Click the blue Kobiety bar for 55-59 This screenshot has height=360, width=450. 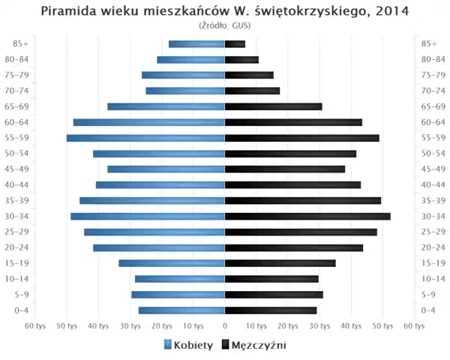145,138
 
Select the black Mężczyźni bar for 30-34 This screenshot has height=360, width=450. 307,216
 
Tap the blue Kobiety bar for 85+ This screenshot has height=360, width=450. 196,44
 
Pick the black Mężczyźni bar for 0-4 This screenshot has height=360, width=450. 271,310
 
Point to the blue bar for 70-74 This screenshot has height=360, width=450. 185,91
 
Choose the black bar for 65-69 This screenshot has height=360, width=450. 273,106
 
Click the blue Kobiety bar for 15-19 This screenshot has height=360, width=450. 172,263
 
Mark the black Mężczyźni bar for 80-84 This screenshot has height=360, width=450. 241,60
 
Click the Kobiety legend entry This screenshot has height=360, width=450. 187,345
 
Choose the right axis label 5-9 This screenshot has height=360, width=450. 429,295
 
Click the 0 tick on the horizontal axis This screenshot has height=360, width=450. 225,326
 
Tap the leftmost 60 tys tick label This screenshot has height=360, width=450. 35,326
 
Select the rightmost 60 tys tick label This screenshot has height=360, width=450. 414,326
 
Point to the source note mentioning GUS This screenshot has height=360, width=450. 225,25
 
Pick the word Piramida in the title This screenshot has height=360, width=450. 67,11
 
